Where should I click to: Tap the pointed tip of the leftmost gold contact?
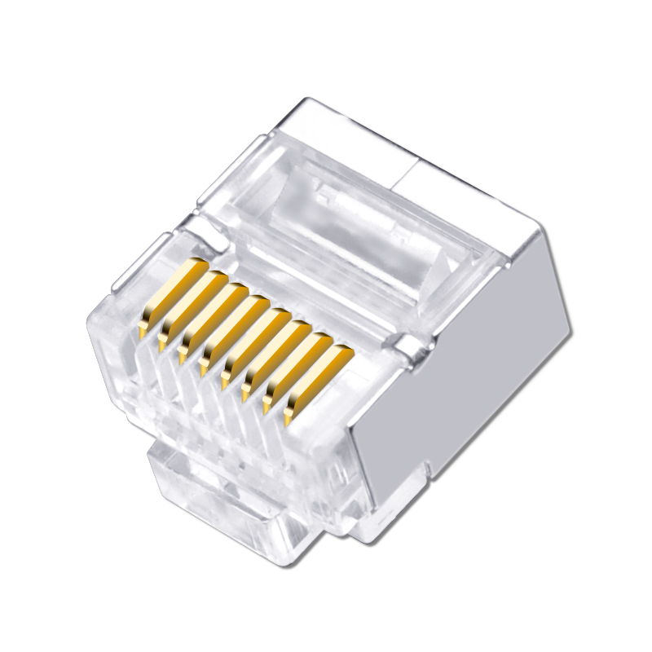[x=143, y=333]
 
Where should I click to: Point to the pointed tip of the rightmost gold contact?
[x=289, y=421]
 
